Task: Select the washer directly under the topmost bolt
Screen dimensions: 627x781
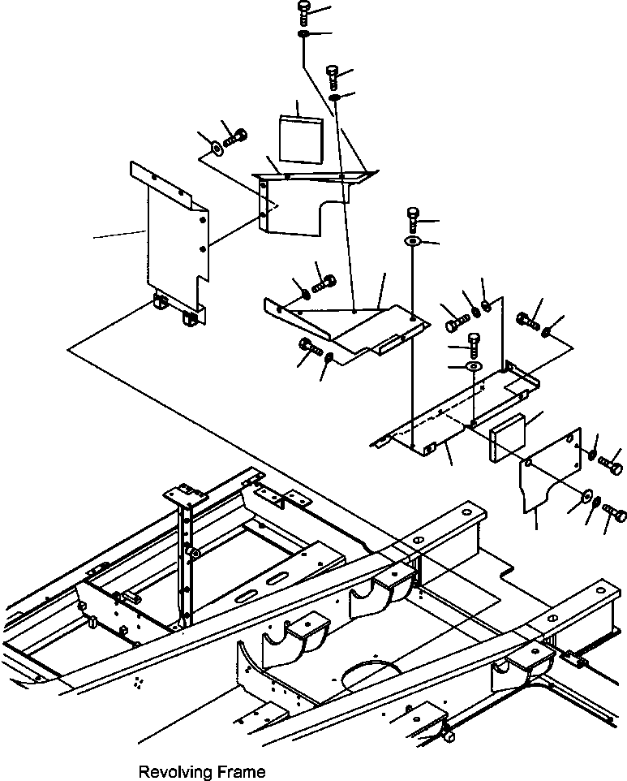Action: coord(303,34)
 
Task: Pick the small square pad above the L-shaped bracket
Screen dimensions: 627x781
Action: coord(300,140)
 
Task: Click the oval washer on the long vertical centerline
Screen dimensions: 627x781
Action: coord(413,242)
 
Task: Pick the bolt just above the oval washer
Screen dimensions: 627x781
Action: coord(413,219)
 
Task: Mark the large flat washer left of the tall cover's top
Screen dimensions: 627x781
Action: coord(217,147)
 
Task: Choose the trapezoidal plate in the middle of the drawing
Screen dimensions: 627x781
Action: coord(347,327)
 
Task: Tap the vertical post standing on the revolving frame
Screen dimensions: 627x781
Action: coord(184,557)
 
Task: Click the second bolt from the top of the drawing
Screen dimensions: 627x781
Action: coord(333,76)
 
